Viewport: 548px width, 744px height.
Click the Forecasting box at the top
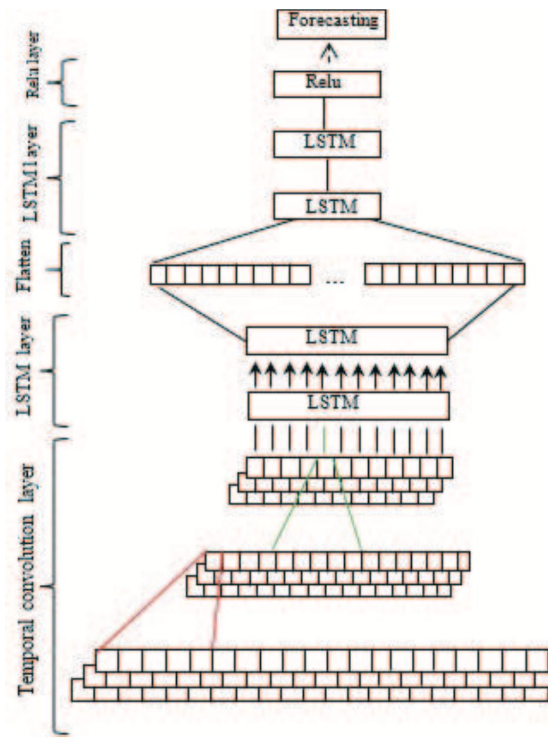pyautogui.click(x=327, y=24)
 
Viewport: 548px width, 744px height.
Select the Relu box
pyautogui.click(x=327, y=83)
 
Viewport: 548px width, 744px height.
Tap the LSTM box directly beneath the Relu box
pyautogui.click(x=327, y=143)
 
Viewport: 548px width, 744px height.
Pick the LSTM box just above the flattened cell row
pyautogui.click(x=327, y=206)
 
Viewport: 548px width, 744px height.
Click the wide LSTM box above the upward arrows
pyautogui.click(x=347, y=340)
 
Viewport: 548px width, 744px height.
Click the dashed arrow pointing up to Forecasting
pyautogui.click(x=327, y=54)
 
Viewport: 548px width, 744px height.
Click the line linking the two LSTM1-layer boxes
pyautogui.click(x=327, y=175)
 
